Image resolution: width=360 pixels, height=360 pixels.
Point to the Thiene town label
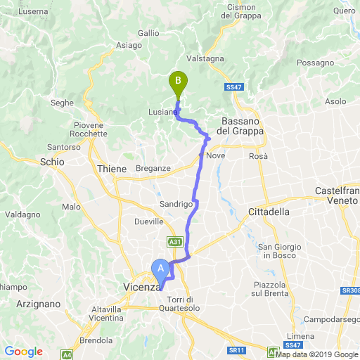coord(112,169)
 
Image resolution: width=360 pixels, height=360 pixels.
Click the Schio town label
coord(52,161)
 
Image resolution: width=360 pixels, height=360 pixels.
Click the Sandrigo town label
coord(176,204)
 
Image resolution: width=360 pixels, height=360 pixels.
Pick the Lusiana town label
coord(162,112)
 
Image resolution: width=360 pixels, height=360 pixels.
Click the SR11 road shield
coord(236,349)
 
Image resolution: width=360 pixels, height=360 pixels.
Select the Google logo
coord(23,351)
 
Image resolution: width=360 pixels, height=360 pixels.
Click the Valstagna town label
coord(203,59)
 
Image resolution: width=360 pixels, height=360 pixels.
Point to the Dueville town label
coord(148,221)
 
